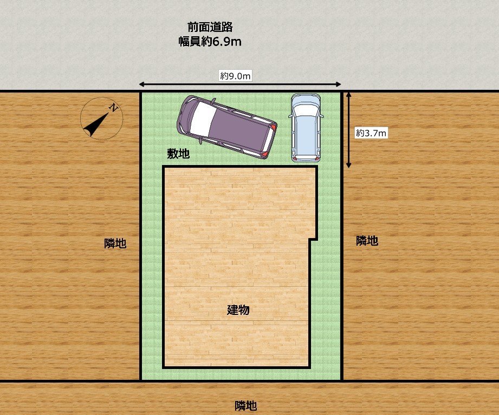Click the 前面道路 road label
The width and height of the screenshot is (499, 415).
[210, 27]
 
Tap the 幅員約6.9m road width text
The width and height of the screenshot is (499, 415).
[210, 42]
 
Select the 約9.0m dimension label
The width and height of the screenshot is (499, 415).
[235, 76]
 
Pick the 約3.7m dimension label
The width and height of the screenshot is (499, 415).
[371, 133]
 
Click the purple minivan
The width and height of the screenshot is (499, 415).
[226, 127]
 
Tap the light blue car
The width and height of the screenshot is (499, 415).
[306, 128]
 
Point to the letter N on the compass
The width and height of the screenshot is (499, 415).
[114, 108]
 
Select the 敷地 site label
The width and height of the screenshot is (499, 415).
[178, 154]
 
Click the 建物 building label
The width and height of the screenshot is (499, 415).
[238, 310]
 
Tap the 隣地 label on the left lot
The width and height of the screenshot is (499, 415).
[115, 243]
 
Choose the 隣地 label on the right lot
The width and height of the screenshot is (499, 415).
[367, 241]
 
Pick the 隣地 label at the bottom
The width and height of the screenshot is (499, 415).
[245, 406]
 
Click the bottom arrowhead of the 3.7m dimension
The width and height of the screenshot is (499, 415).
[349, 164]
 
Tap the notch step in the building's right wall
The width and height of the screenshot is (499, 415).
[314, 239]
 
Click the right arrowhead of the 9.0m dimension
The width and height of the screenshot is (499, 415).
[338, 84]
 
